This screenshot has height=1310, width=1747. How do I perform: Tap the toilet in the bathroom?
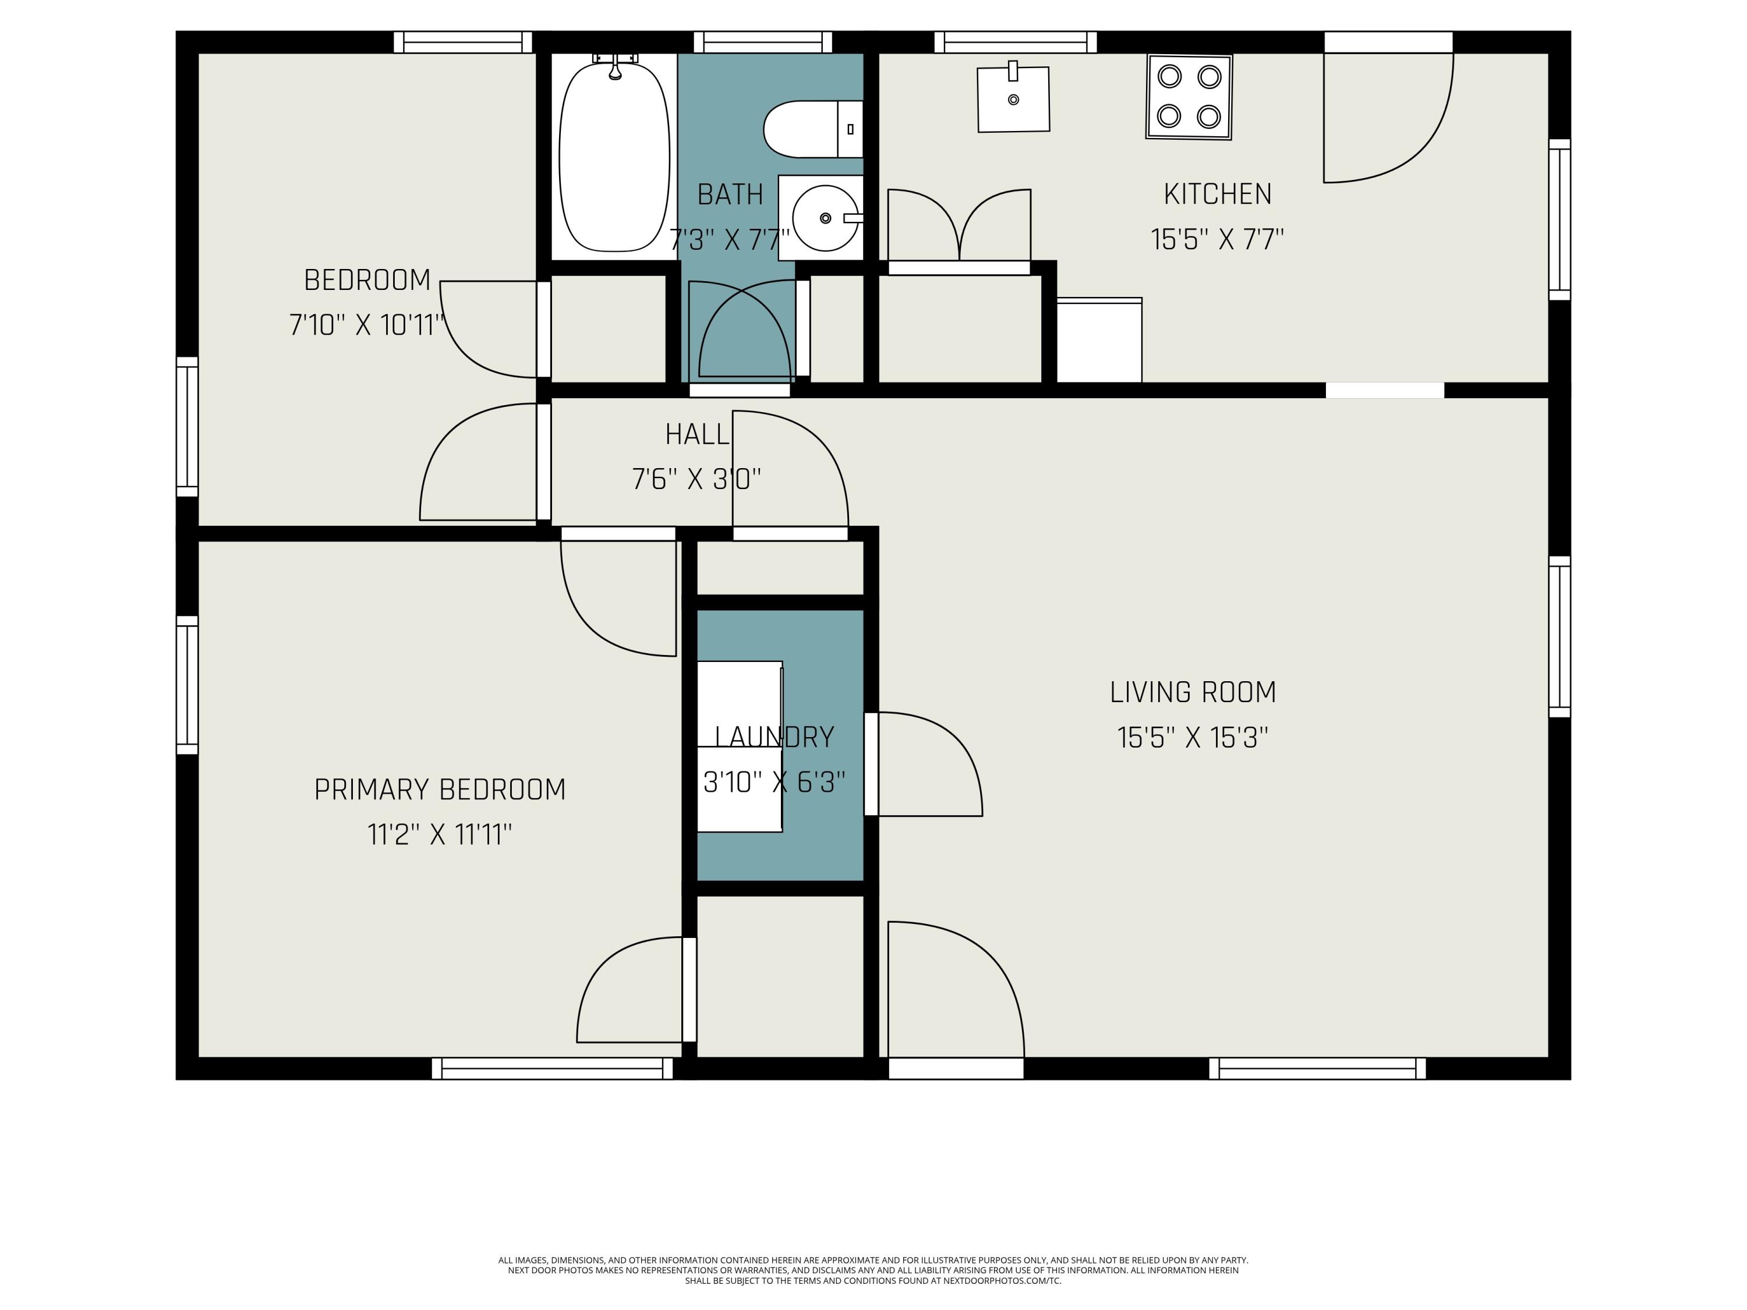pyautogui.click(x=813, y=129)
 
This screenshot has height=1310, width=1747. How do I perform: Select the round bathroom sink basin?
pyautogui.click(x=825, y=218)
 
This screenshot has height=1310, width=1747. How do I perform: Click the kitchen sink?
pyautogui.click(x=1013, y=99)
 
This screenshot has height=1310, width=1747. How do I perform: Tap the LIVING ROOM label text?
pyautogui.click(x=1193, y=692)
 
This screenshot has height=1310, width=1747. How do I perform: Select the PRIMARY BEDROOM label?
pyautogui.click(x=440, y=789)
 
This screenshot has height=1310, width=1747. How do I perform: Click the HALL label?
pyautogui.click(x=696, y=434)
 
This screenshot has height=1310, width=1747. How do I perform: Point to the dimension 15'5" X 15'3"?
pyautogui.click(x=1193, y=738)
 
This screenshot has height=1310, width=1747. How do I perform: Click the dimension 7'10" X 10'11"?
pyautogui.click(x=367, y=324)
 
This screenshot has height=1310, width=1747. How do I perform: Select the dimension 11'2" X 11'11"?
pyautogui.click(x=440, y=835)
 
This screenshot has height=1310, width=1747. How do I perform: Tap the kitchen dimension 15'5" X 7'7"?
pyautogui.click(x=1217, y=239)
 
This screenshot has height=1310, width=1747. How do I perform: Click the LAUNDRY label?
pyautogui.click(x=774, y=738)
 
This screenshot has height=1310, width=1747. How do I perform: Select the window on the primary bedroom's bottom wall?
pyautogui.click(x=552, y=1068)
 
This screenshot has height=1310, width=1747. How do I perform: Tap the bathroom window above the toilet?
pyautogui.click(x=763, y=42)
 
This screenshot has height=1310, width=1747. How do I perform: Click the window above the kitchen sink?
pyautogui.click(x=1016, y=42)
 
